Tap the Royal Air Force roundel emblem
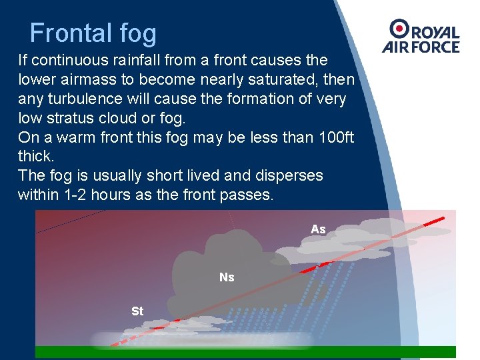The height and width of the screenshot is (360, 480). (400, 29)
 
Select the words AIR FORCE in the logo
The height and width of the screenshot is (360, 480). (421, 47)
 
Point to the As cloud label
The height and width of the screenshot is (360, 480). (318, 229)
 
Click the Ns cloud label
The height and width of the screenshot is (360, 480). (227, 277)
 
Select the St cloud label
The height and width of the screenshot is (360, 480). (137, 311)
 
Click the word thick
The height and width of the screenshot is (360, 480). (36, 157)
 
